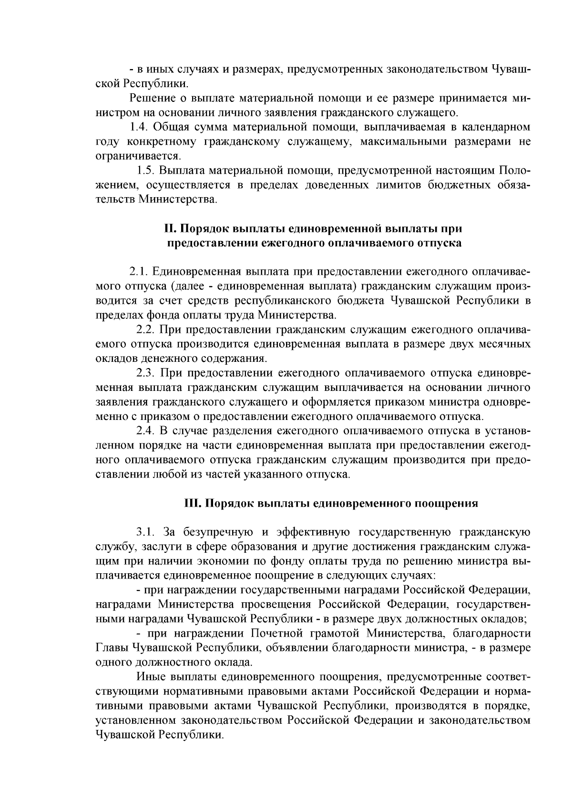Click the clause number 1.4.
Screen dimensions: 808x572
tap(139, 127)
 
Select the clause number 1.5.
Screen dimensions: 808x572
tap(145, 170)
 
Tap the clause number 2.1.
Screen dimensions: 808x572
tap(139, 272)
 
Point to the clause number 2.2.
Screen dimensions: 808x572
tap(145, 329)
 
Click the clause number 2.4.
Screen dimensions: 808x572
tap(145, 431)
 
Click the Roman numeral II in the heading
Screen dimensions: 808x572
tap(170, 228)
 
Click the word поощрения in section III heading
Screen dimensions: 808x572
tap(447, 503)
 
